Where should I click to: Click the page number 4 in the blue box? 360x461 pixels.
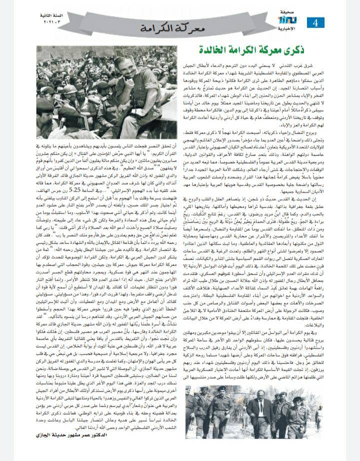[x=316, y=22]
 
